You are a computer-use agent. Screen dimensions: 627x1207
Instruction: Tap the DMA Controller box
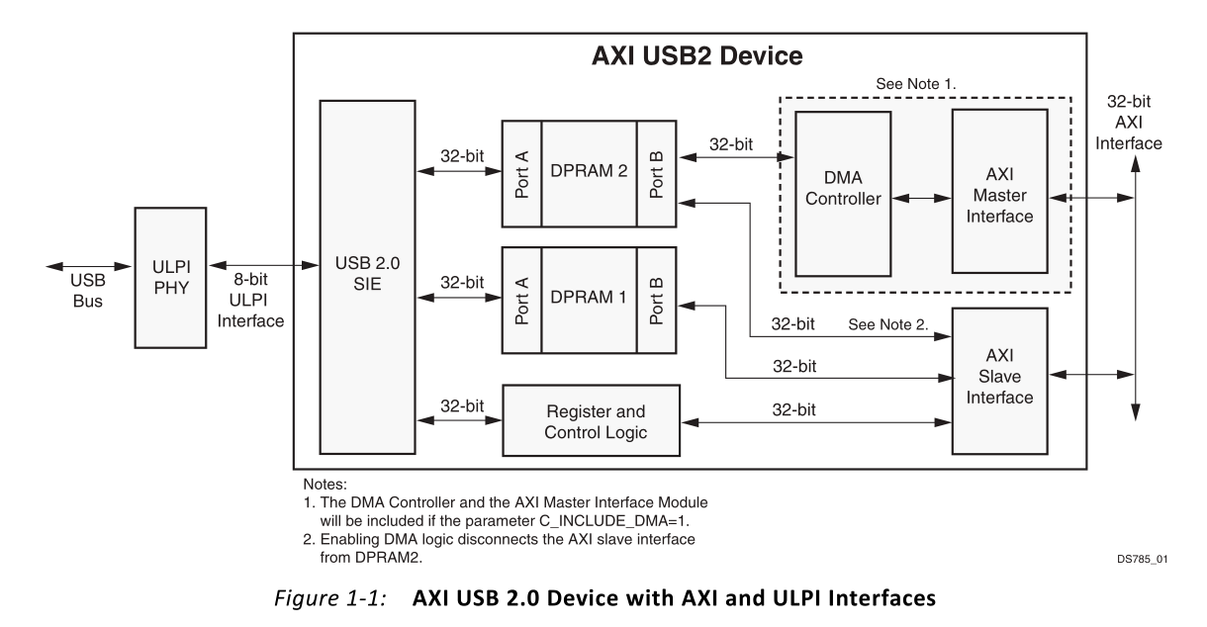click(843, 193)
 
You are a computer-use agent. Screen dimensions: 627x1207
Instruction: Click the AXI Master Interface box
click(999, 191)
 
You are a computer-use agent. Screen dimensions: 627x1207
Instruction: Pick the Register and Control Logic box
click(591, 419)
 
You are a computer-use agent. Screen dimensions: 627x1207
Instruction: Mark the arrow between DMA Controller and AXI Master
click(921, 199)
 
